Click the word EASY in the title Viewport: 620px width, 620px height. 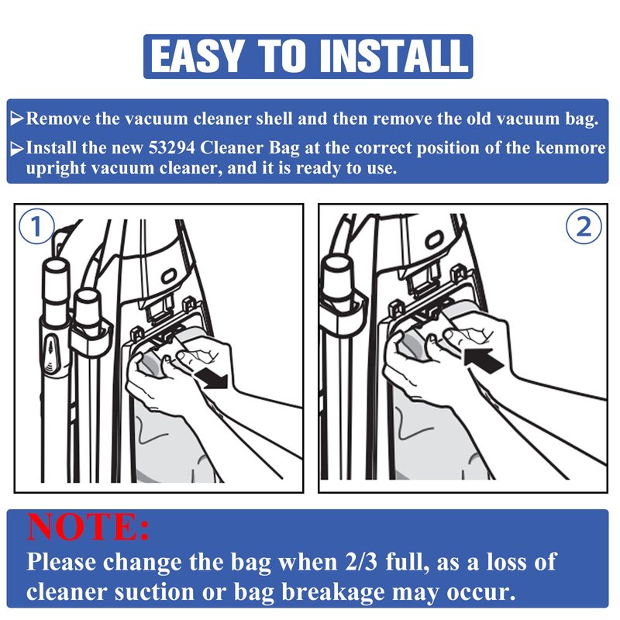tap(196, 56)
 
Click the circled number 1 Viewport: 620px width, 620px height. tap(36, 226)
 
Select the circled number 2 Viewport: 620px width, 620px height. tap(584, 226)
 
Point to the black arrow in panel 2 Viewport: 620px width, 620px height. tap(483, 360)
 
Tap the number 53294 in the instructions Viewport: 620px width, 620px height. tap(172, 148)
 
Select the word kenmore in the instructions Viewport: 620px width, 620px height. tap(570, 148)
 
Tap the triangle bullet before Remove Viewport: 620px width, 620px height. tap(16, 118)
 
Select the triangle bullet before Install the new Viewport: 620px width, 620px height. tap(16, 149)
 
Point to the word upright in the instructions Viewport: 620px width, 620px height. tap(55, 168)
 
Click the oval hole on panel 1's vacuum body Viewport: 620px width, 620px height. tap(169, 276)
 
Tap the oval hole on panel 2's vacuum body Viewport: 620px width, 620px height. tap(434, 239)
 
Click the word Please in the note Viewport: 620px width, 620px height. tap(61, 562)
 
